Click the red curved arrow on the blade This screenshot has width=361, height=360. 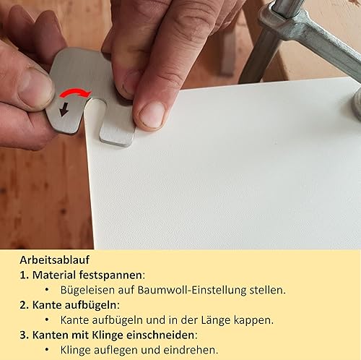75,92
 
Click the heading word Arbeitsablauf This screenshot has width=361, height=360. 55,260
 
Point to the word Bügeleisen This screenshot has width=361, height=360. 87,290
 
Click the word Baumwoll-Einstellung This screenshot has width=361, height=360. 192,290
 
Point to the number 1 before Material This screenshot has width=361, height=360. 22,275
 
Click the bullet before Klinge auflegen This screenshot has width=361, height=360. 47,350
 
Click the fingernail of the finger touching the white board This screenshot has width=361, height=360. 152,115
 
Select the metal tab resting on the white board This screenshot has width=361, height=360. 117,136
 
